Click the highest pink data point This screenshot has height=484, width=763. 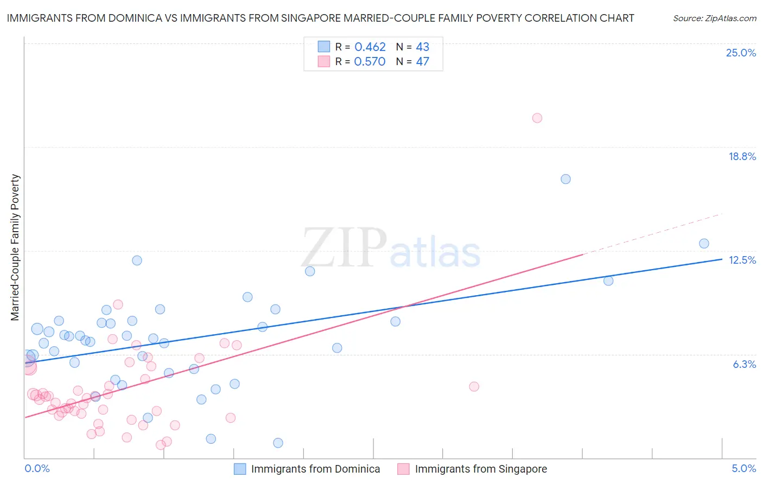(537, 118)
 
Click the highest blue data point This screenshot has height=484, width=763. (565, 179)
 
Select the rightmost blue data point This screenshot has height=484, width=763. (704, 244)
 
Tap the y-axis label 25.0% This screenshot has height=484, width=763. (741, 53)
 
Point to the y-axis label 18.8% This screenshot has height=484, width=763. (742, 157)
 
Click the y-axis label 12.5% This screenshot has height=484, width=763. (742, 260)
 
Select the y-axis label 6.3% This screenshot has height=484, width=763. (744, 365)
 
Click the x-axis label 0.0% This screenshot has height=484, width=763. (37, 469)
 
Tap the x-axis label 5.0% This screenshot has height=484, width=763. (743, 469)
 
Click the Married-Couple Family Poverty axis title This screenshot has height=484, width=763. (15, 247)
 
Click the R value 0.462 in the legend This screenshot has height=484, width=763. (370, 47)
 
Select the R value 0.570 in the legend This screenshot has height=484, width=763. (370, 62)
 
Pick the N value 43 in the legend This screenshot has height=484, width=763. (422, 47)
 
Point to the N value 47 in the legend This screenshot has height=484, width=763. (422, 62)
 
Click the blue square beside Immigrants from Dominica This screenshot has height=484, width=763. (240, 469)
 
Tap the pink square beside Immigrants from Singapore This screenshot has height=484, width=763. (403, 469)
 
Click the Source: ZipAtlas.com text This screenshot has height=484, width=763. (714, 18)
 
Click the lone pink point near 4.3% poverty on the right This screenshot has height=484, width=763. (474, 387)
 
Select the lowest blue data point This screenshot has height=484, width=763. (278, 443)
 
